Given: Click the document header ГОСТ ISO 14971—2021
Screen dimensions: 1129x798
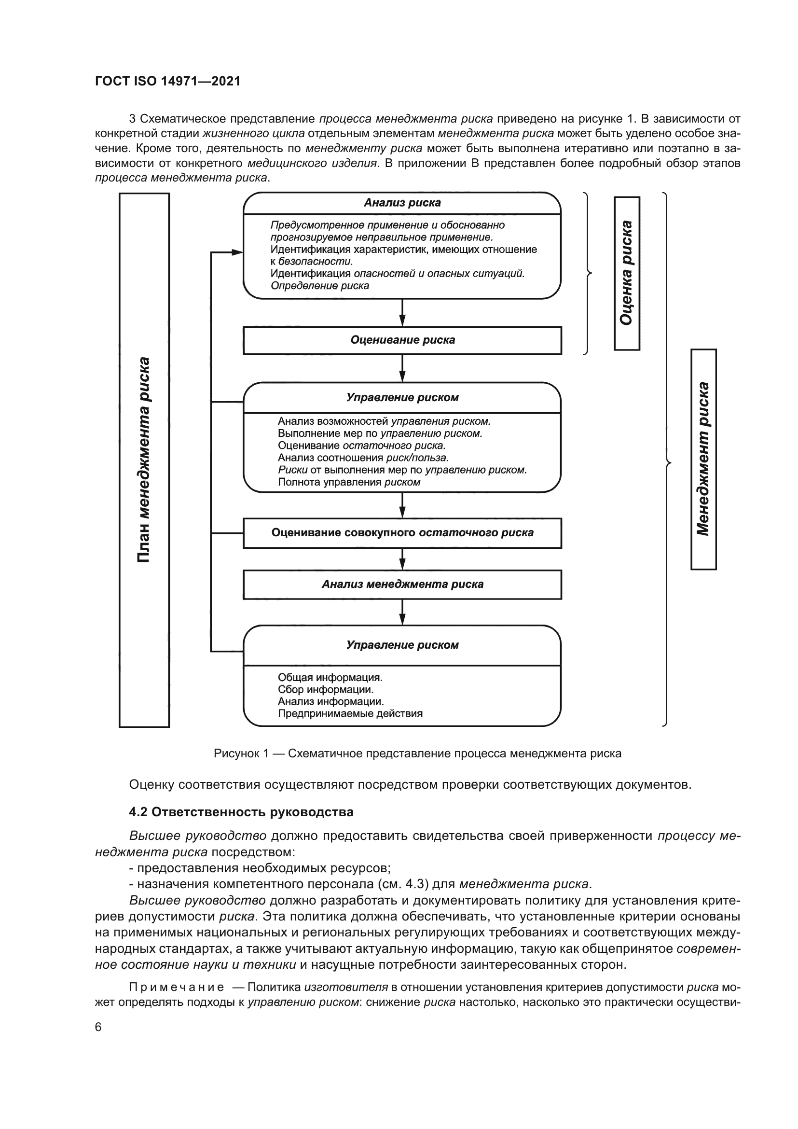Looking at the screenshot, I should pos(167,82).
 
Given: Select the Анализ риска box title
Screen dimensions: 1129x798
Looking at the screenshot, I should pos(402,203).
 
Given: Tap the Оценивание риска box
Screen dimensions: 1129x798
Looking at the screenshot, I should pos(402,340).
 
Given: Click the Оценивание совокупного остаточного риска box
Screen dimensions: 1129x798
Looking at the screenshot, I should pos(402,532).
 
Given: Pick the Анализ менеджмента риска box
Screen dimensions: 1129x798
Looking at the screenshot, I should pos(402,584).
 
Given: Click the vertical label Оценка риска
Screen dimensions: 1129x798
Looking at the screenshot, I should pos(627,273).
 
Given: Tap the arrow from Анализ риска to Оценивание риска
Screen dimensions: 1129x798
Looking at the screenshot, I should pos(402,313).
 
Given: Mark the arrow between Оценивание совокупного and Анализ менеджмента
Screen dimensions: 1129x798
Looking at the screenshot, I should pos(402,559).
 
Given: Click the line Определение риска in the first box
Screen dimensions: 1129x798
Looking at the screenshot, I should pos(320,286).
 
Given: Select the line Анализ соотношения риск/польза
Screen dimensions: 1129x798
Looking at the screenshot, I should pos(363,458).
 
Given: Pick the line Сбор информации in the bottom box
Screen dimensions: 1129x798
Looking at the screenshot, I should pos(325,689).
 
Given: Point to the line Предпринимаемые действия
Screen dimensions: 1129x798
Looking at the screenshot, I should pos(350,713).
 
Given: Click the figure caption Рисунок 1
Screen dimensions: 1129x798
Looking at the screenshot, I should pos(417,753).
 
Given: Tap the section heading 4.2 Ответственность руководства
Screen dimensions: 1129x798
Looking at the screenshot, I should pos(241,812).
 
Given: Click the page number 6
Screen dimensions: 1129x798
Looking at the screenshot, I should pos(98,1027).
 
